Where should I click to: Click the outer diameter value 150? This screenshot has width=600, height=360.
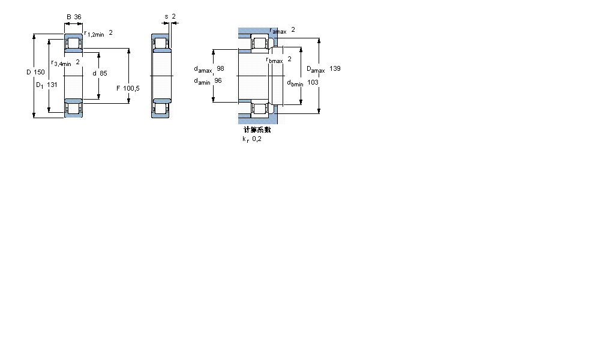[x=40, y=72]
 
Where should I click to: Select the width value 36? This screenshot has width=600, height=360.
[x=78, y=17]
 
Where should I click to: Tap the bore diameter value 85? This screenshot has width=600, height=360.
[x=103, y=73]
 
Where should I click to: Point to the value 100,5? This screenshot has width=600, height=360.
[x=132, y=88]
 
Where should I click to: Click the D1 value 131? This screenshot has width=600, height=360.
[x=52, y=85]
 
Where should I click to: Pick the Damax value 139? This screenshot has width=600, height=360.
[x=335, y=69]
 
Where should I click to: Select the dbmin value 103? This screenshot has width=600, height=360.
[x=313, y=82]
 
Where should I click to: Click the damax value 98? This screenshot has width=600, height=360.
[x=220, y=68]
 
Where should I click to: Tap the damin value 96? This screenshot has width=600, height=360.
[x=218, y=80]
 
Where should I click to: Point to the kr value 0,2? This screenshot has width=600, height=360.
[x=257, y=139]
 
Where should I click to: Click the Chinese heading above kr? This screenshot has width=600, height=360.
[x=257, y=130]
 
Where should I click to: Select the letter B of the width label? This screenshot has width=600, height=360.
[x=68, y=17]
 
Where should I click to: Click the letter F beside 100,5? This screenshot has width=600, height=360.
[x=118, y=88]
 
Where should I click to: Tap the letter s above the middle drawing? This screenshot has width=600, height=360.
[x=166, y=17]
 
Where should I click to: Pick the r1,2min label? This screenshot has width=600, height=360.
[x=94, y=34]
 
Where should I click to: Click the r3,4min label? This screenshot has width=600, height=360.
[x=61, y=63]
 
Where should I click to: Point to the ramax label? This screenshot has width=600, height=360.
[x=278, y=31]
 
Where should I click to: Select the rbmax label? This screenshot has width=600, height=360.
[x=275, y=59]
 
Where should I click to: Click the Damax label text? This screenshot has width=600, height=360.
[x=316, y=70]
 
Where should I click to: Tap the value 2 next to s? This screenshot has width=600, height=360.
[x=174, y=17]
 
